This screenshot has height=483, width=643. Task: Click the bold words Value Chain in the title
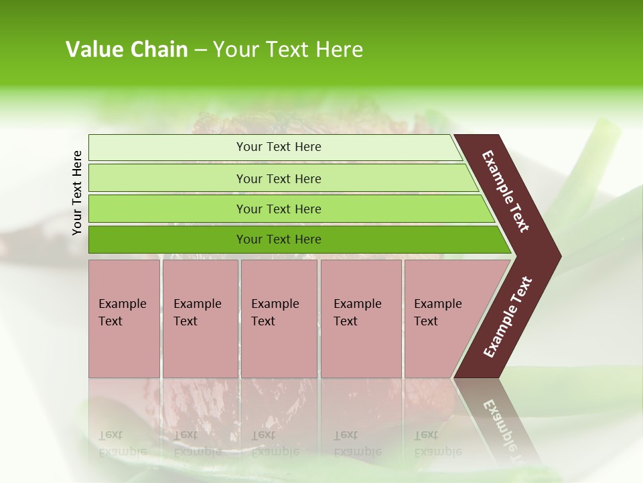[127, 50]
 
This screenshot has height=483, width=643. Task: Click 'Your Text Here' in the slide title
[287, 50]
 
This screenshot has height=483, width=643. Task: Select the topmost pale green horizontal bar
[167, 147]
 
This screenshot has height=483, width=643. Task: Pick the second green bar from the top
[167, 178]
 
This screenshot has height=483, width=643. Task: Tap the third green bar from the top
[167, 209]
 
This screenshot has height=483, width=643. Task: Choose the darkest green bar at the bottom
[167, 239]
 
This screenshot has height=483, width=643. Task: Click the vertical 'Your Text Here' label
[77, 193]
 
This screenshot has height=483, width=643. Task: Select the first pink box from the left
[124, 349]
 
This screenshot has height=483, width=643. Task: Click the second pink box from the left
[200, 349]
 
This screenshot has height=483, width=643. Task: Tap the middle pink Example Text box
[279, 349]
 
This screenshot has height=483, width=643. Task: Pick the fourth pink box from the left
[361, 349]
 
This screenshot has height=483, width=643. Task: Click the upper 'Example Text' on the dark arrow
[506, 191]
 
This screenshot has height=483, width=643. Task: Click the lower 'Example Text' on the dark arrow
[508, 317]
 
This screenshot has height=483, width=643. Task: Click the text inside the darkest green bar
[279, 239]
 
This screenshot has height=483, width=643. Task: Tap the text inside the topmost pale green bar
[279, 147]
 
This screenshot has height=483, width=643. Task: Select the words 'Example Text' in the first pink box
[122, 313]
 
